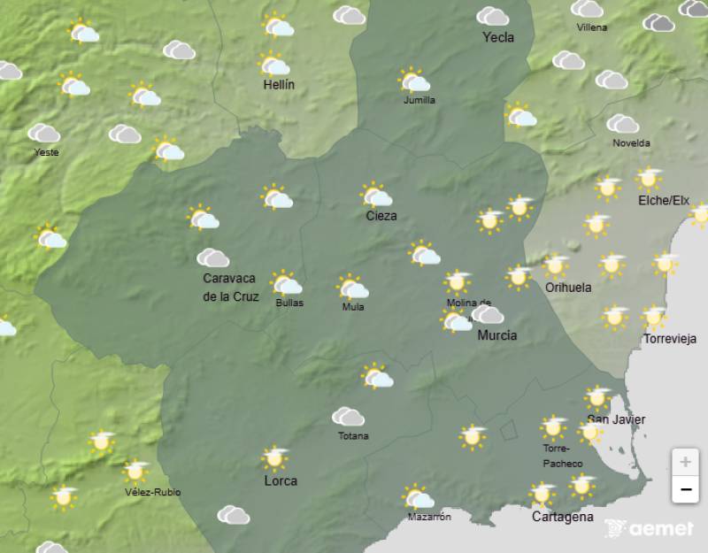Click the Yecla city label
(498, 37)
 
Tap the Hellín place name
(279, 85)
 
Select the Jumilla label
(419, 100)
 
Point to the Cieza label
(381, 216)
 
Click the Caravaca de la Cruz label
(230, 288)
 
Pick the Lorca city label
(281, 481)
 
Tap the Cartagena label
(562, 517)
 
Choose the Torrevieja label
(670, 339)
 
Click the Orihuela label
(568, 288)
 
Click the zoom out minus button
(685, 488)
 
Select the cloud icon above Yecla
(492, 17)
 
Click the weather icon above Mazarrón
(417, 497)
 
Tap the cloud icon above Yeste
(43, 134)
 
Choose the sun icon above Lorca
(276, 458)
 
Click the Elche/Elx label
(664, 201)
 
